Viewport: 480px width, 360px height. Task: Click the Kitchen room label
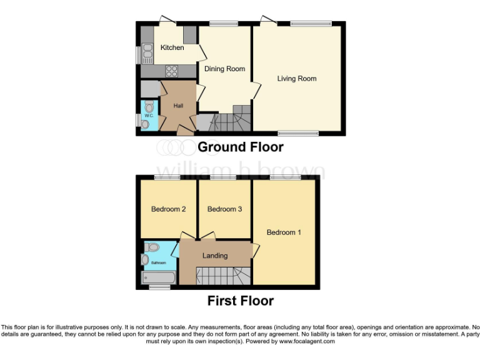pyautogui.click(x=172, y=47)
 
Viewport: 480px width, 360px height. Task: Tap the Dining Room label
pyautogui.click(x=224, y=69)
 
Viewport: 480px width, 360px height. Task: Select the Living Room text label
pyautogui.click(x=297, y=79)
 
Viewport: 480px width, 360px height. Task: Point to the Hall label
pyautogui.click(x=178, y=106)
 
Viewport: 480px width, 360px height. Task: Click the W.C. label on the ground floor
pyautogui.click(x=149, y=116)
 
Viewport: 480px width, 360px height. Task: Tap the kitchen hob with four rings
pyautogui.click(x=171, y=71)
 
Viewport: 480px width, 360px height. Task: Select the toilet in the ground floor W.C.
pyautogui.click(x=148, y=107)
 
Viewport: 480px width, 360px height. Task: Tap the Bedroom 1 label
pyautogui.click(x=284, y=232)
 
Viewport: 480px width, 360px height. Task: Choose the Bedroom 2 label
pyautogui.click(x=168, y=209)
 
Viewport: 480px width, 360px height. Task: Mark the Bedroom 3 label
pyautogui.click(x=224, y=209)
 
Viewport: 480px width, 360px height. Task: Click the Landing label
pyautogui.click(x=215, y=256)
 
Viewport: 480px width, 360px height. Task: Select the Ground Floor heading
pyautogui.click(x=240, y=147)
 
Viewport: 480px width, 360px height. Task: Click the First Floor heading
pyautogui.click(x=241, y=301)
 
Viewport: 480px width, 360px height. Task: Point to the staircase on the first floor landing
pyautogui.click(x=222, y=276)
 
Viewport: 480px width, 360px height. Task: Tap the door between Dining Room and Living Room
pyautogui.click(x=254, y=90)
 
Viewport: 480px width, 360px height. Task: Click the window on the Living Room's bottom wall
pyautogui.click(x=298, y=132)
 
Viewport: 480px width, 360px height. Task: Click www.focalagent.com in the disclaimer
pyautogui.click(x=307, y=342)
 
